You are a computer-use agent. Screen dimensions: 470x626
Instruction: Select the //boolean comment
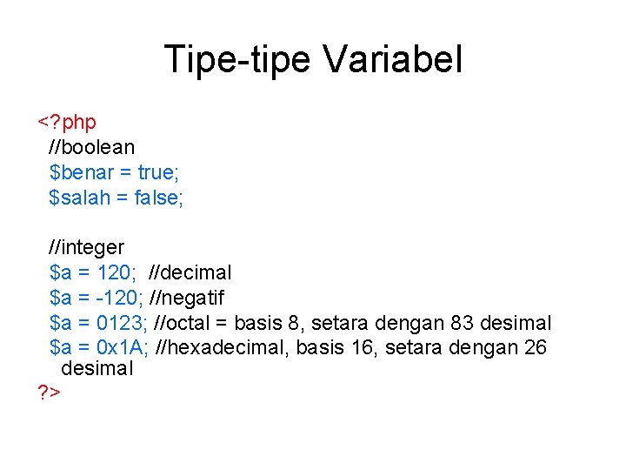pos(92,148)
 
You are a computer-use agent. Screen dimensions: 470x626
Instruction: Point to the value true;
pos(156,173)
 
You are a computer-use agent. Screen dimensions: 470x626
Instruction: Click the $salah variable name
pos(80,198)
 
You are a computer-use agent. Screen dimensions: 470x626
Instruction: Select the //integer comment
pos(87,248)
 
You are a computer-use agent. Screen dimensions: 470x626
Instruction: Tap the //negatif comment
pos(187,299)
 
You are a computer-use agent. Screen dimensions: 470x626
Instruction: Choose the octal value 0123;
pos(121,324)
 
